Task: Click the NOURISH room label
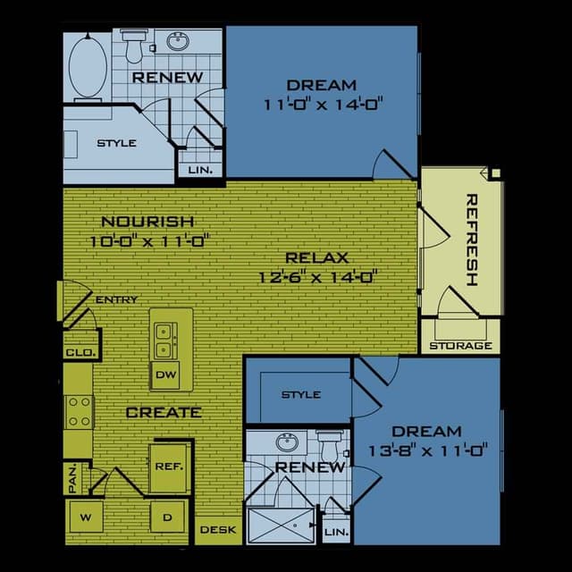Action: (x=147, y=222)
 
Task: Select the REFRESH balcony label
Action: (x=472, y=240)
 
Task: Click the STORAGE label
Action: (x=460, y=346)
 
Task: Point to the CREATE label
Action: (x=164, y=412)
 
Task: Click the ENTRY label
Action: (x=116, y=300)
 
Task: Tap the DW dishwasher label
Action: (x=165, y=375)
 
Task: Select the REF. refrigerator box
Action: (x=169, y=466)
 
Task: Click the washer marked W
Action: (x=87, y=517)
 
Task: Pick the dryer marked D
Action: (x=166, y=517)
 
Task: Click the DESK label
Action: (x=217, y=530)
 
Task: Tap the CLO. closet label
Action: (x=79, y=353)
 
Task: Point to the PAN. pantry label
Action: (x=72, y=478)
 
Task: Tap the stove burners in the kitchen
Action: (x=79, y=412)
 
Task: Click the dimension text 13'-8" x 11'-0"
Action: (x=426, y=450)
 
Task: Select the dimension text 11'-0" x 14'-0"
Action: (x=323, y=104)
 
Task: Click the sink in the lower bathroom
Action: (x=287, y=442)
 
